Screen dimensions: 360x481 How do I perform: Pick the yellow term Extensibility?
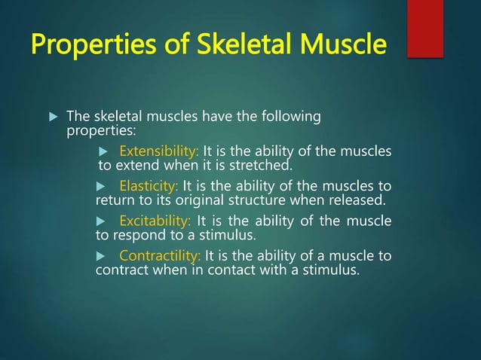click(x=159, y=151)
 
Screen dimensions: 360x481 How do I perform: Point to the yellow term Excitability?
click(x=155, y=221)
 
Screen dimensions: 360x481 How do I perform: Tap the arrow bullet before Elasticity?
click(x=105, y=187)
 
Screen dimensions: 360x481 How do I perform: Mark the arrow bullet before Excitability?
click(x=105, y=221)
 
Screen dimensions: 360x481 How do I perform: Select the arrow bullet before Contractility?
click(x=105, y=256)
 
